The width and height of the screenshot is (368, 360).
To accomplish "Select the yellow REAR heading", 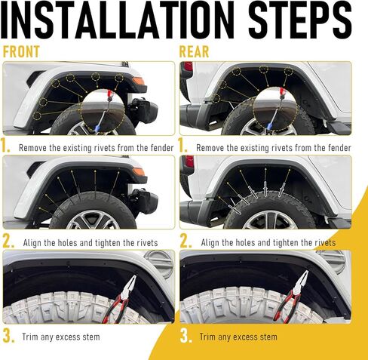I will pyautogui.click(x=194, y=53).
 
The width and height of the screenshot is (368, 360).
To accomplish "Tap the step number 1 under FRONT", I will pyautogui.click(x=8, y=146).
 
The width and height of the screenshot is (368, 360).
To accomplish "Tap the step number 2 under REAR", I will pyautogui.click(x=185, y=241).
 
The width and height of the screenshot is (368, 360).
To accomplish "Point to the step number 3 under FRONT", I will pyautogui.click(x=8, y=335).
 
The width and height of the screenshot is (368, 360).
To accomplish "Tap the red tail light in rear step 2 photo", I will pyautogui.click(x=189, y=162).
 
